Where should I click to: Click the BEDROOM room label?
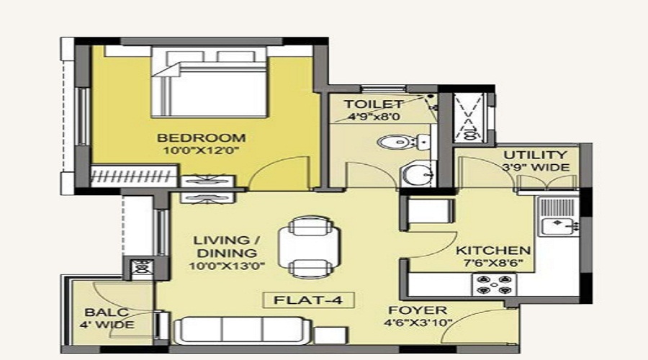[202, 138]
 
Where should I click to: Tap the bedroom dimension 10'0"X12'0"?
[202, 151]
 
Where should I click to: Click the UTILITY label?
[534, 155]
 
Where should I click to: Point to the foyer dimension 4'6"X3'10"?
[418, 323]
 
